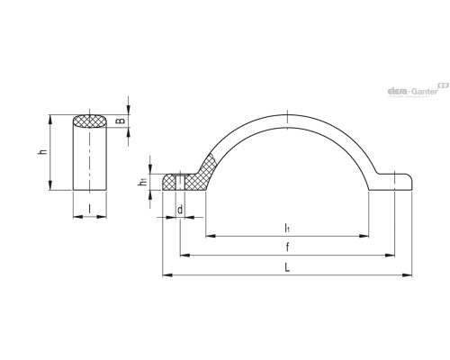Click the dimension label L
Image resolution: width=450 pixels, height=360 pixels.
(287, 267)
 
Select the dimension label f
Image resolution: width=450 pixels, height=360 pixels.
(287, 247)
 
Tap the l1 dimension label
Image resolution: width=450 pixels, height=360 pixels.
(287, 229)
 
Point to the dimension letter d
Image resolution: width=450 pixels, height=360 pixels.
(180, 210)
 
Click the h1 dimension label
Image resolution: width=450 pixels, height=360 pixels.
(142, 181)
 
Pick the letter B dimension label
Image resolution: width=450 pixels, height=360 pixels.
(121, 121)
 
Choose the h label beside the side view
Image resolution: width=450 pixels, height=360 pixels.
(44, 152)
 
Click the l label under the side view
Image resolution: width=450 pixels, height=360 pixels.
(89, 209)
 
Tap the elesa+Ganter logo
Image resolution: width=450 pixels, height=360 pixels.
(418, 90)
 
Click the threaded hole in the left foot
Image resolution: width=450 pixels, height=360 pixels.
(180, 182)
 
